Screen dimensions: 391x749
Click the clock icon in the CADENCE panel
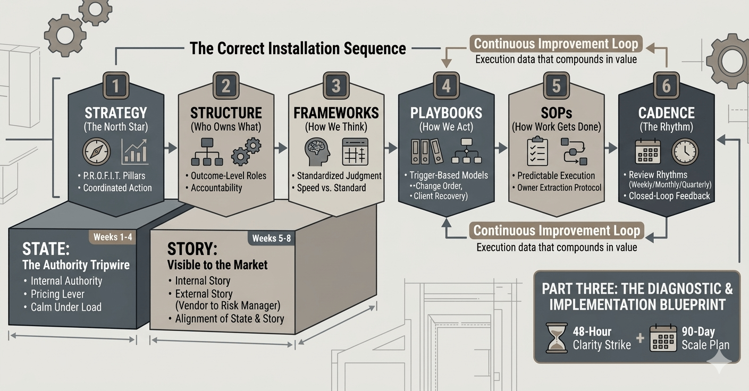pyautogui.click(x=685, y=151)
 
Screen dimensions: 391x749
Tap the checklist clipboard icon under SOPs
pyautogui.click(x=537, y=151)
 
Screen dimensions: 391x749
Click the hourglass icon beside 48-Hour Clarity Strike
pyautogui.click(x=557, y=338)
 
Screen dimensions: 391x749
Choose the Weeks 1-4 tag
pyautogui.click(x=113, y=237)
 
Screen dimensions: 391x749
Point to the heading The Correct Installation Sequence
pyautogui.click(x=298, y=49)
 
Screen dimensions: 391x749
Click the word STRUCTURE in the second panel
pyautogui.click(x=226, y=113)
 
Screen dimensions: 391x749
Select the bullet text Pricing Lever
pyautogui.click(x=57, y=294)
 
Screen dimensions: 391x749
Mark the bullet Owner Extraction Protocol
pyautogui.click(x=559, y=188)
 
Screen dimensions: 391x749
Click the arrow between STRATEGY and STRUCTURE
pyautogui.click(x=171, y=148)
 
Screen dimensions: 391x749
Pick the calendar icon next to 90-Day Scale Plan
pyautogui.click(x=663, y=338)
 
